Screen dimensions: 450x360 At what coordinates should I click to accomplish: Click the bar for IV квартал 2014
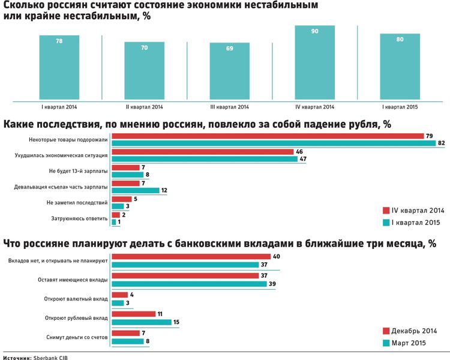pos(314,62)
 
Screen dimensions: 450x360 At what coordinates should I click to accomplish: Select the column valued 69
pos(230,71)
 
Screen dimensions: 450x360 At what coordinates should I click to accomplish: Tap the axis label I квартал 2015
pos(400,107)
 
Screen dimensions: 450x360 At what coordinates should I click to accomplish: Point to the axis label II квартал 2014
pos(145,107)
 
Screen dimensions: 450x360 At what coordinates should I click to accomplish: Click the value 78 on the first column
pos(59,41)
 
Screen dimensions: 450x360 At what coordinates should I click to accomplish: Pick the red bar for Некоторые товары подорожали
pos(268,136)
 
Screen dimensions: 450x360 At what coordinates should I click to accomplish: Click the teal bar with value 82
pos(274,143)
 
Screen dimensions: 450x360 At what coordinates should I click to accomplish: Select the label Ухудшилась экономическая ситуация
pos(61,155)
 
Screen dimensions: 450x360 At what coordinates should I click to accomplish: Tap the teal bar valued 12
pos(136,190)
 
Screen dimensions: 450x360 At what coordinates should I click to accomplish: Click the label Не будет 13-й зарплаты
pos(79,171)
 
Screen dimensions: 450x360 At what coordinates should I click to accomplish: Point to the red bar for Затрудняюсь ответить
pos(116,215)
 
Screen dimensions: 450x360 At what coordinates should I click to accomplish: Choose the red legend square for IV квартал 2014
pos(386,211)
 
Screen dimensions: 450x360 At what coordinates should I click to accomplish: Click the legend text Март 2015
pos(409,343)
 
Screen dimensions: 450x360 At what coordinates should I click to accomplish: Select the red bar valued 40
pos(191,257)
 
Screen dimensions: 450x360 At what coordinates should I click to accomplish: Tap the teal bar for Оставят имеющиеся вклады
pos(190,284)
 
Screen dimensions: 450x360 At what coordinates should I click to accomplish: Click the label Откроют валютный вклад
pos(76,299)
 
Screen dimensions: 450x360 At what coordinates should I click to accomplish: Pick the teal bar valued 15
pos(142,322)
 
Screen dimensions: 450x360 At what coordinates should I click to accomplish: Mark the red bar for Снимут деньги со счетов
pos(126,333)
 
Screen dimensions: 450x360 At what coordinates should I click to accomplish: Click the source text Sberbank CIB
pos(50,358)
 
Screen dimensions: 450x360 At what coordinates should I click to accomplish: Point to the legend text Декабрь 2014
pos(414,331)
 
